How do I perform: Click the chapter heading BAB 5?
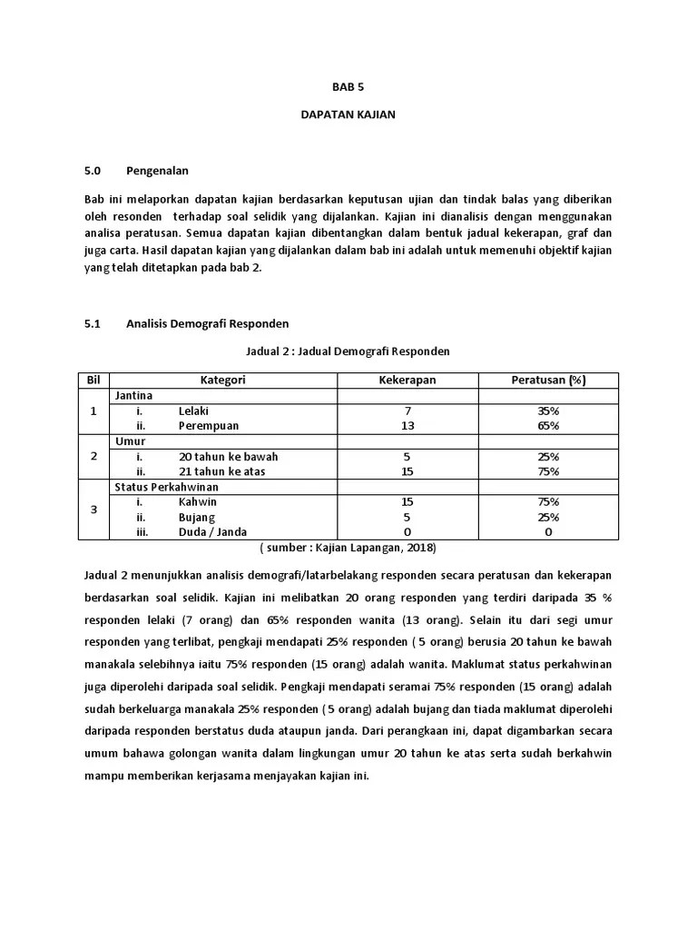(x=348, y=88)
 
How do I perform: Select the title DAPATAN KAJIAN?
(x=348, y=115)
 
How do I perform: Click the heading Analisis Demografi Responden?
(x=207, y=322)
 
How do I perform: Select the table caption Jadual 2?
(x=348, y=351)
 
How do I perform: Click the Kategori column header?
(x=223, y=380)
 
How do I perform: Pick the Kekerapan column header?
(x=407, y=380)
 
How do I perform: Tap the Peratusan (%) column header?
(x=547, y=380)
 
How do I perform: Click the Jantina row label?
(x=133, y=396)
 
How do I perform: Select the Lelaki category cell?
(x=194, y=411)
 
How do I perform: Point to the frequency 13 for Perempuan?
(x=407, y=425)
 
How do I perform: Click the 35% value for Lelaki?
(x=547, y=411)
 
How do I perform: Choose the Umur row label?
(x=130, y=440)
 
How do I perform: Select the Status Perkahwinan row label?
(x=160, y=487)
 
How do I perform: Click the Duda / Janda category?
(x=212, y=531)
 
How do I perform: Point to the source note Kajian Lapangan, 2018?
(x=348, y=548)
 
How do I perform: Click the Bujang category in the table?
(x=198, y=517)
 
